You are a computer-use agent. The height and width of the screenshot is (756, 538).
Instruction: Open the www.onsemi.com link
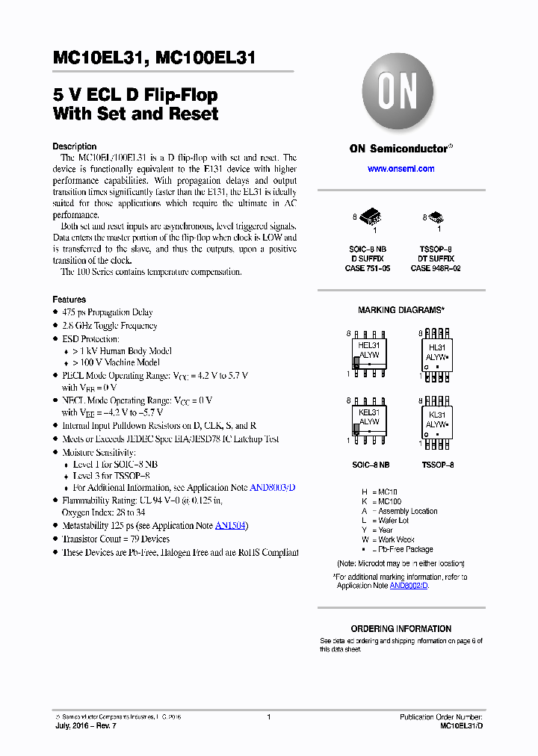401,169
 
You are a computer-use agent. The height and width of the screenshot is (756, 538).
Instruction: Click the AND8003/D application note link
272,487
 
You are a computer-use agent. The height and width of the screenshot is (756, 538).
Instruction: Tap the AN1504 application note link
231,526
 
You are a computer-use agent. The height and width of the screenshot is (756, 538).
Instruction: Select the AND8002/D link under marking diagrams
409,586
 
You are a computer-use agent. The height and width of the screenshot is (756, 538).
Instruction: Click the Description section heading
74,146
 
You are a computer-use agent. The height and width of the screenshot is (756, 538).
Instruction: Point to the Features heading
69,300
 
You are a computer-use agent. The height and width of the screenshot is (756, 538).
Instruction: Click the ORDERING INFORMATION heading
401,629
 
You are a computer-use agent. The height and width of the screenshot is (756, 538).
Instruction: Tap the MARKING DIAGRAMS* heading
401,310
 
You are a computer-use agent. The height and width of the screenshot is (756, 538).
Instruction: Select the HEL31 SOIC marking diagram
369,351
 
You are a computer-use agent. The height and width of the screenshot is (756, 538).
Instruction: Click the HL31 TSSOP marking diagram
436,352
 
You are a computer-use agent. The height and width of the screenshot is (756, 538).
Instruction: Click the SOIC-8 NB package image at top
371,217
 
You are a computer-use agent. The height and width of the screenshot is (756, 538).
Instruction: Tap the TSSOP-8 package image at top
436,218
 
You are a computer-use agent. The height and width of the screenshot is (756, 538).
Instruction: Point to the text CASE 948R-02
436,267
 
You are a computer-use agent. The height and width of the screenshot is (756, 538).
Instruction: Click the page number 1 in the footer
268,717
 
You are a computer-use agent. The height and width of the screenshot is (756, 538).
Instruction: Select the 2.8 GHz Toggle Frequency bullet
109,326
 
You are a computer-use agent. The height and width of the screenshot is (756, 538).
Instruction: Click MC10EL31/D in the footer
461,726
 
